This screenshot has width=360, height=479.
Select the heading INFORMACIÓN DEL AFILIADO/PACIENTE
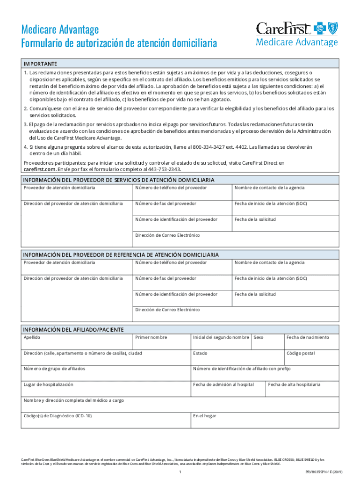coord(73,329)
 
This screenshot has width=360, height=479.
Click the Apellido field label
coord(32,337)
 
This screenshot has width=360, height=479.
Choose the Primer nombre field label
coord(151,337)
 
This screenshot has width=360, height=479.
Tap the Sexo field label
coord(259,337)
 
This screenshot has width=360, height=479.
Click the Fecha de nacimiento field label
coord(308,337)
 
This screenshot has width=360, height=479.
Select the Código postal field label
coord(301,353)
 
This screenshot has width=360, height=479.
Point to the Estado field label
coord(200,353)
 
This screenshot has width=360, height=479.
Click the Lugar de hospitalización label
coord(49,385)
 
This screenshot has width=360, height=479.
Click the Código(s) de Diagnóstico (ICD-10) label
coord(58,415)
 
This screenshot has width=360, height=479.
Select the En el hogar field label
coord(205,415)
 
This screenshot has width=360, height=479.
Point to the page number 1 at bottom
coord(180,472)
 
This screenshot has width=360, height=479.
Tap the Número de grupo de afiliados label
coord(55,369)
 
